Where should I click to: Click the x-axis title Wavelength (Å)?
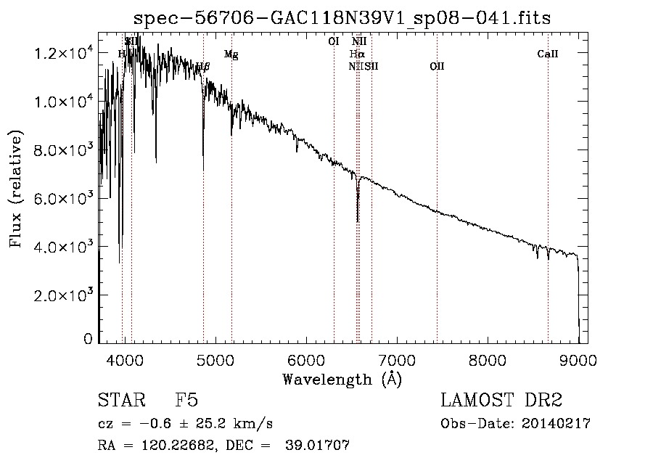[342, 379]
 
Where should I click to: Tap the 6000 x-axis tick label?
[306, 359]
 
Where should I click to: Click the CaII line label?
[548, 53]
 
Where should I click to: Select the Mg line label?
[231, 54]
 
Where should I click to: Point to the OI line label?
[334, 41]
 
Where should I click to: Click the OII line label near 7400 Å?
[437, 66]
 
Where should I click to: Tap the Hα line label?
[356, 54]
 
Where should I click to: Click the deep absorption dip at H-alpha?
[358, 218]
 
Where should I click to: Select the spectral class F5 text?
[186, 401]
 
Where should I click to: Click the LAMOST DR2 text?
[501, 401]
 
